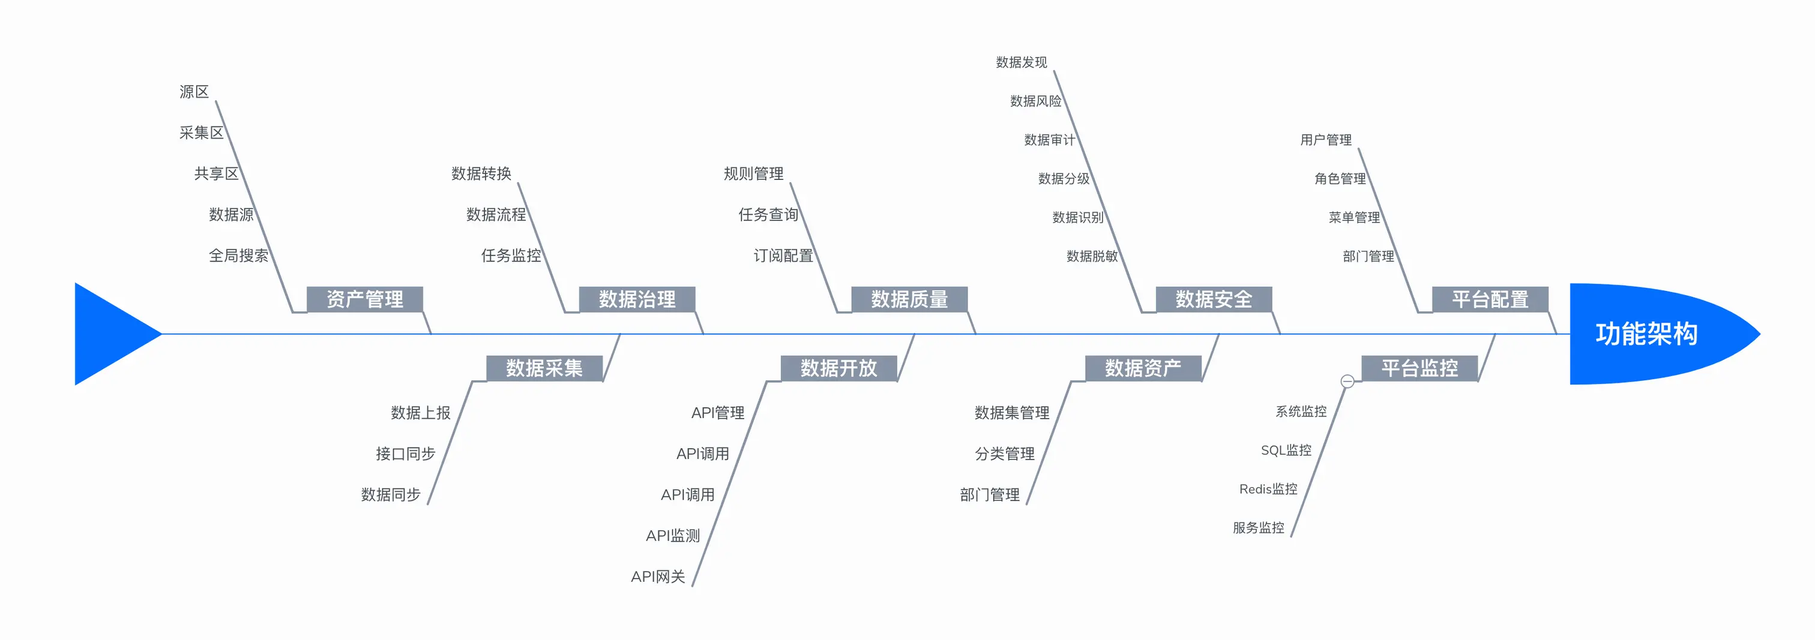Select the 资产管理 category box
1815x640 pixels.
[x=364, y=299]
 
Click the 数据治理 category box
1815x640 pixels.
[x=637, y=299]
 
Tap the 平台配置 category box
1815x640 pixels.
[x=1490, y=299]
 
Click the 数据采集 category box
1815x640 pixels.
[x=544, y=368]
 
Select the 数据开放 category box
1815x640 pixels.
[x=838, y=368]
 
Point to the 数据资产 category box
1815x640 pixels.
[x=1143, y=368]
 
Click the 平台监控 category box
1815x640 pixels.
[x=1419, y=368]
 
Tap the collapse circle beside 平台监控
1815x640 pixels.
[x=1347, y=381]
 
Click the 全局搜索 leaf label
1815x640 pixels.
[x=238, y=256]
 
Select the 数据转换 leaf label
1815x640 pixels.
[x=481, y=174]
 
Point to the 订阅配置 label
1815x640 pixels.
[x=783, y=256]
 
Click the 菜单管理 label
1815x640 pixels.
[x=1353, y=218]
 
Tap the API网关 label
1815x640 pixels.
[x=657, y=576]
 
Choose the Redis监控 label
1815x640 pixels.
[x=1268, y=489]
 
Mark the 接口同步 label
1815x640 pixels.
[x=405, y=454]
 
